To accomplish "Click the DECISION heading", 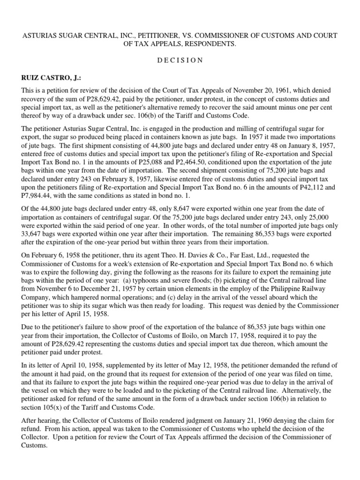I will click(180, 60).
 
